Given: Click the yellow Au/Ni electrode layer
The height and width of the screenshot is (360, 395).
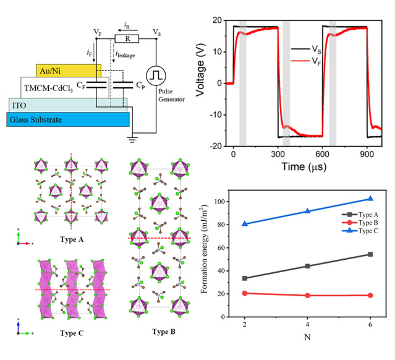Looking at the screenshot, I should tap(61, 70).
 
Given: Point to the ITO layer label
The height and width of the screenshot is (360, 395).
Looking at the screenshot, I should tap(19, 105).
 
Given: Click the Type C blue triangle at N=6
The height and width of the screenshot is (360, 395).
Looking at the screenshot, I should tap(370, 199).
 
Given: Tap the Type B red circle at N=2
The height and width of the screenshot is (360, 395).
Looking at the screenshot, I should tap(246, 293).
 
